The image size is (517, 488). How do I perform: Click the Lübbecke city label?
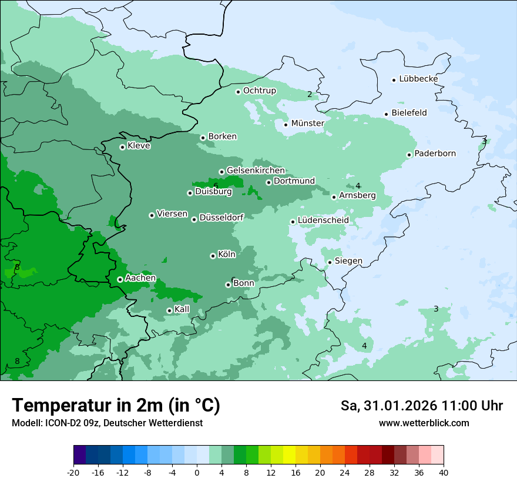tap(418, 79)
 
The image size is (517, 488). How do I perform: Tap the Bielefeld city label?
tap(409, 113)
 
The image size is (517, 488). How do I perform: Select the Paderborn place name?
tap(435, 154)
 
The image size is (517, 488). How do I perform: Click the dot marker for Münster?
tap(286, 124)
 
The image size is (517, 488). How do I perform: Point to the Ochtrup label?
tap(259, 91)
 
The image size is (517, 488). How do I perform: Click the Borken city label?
tap(222, 136)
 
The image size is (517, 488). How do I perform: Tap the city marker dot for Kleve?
tap(122, 147)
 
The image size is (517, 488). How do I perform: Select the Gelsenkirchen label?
tap(256, 171)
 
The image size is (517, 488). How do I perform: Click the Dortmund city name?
tap(294, 181)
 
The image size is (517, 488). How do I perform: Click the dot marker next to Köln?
tap(213, 256)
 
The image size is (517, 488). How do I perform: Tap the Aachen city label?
tap(140, 278)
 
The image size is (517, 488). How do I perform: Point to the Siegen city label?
tap(348, 261)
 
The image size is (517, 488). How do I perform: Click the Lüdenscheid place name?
tap(323, 220)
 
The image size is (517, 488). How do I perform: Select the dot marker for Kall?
tap(169, 310)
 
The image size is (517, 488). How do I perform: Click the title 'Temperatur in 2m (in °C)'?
tap(116, 406)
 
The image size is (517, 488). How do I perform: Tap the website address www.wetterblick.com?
tap(424, 423)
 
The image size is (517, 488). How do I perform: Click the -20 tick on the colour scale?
tap(73, 472)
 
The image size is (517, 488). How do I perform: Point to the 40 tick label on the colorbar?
tap(444, 472)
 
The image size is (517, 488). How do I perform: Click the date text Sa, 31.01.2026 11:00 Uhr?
tap(421, 406)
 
